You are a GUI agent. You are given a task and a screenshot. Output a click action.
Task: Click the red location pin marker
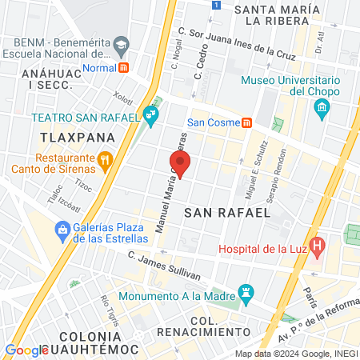181,166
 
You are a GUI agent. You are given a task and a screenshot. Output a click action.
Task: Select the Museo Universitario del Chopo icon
322,107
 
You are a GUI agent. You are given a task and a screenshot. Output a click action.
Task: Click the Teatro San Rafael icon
151,117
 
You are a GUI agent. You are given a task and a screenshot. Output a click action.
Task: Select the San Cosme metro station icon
248,122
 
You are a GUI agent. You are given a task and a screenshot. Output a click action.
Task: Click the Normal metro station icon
122,67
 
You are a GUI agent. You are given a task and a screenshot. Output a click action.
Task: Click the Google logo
26,350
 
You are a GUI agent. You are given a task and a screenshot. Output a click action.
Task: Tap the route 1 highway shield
215,5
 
